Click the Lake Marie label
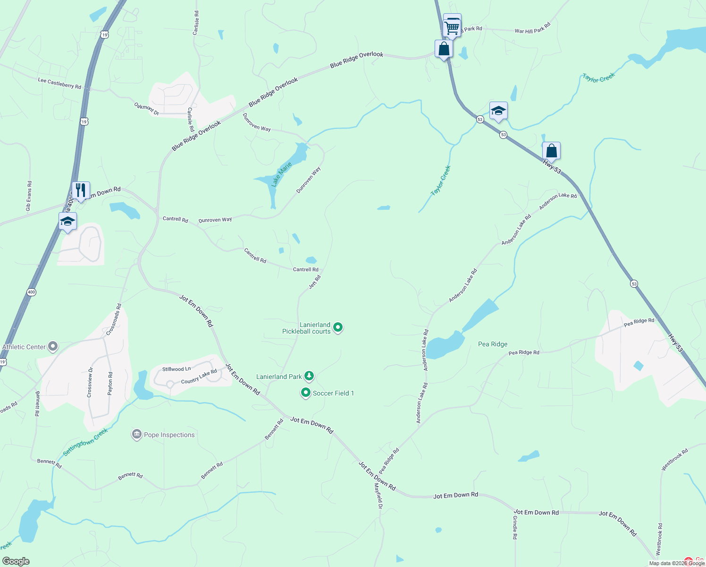(282, 174)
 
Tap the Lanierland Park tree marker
(309, 376)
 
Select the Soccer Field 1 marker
(306, 393)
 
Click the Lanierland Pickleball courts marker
(338, 327)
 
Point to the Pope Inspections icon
(137, 434)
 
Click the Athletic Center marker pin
(53, 347)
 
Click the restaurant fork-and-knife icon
(81, 190)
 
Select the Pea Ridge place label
(493, 344)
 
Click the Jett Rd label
(315, 282)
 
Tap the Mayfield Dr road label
(378, 496)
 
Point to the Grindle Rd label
(515, 527)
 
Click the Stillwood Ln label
(176, 369)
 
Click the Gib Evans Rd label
(29, 196)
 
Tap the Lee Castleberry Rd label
(59, 84)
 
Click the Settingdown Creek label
(85, 442)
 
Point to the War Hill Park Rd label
(532, 28)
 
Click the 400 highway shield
(31, 292)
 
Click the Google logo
(16, 561)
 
